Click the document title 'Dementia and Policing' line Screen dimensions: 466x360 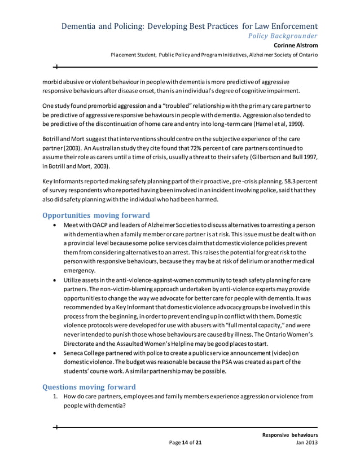189,26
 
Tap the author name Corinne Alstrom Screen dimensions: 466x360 296,45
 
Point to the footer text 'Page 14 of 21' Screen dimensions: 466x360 185,443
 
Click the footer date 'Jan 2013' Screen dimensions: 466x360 306,443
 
